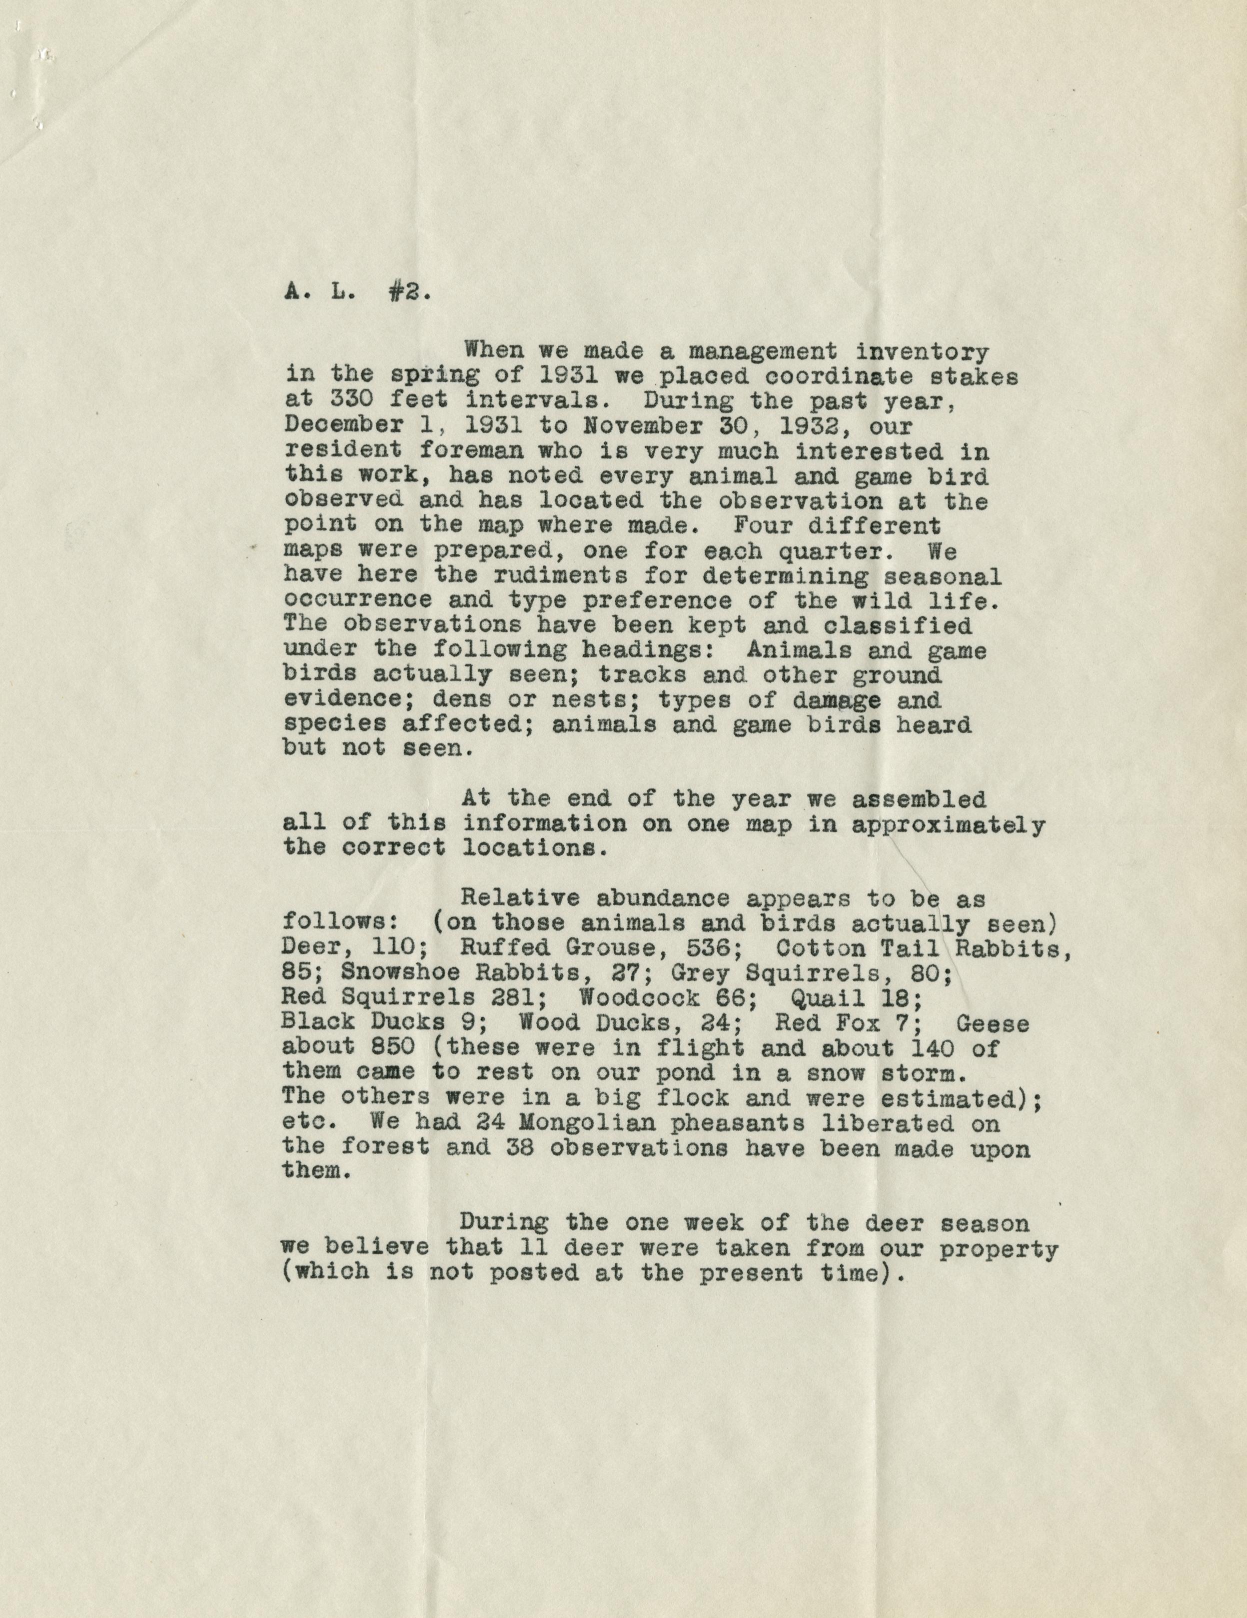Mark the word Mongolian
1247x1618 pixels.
[x=588, y=1124]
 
